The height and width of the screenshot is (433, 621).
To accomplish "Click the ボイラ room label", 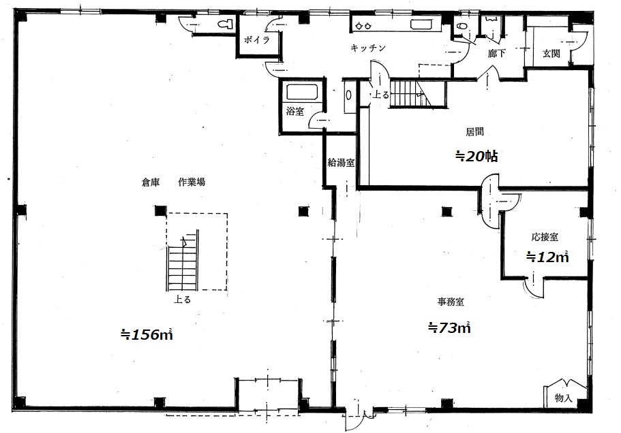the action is coord(256,39).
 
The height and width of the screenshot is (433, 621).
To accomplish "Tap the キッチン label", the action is coord(368,48).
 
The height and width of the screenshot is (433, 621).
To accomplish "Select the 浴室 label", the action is coord(295,112).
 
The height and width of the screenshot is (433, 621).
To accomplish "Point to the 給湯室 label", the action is coord(341,162).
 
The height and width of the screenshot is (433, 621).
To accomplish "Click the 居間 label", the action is coord(474,131).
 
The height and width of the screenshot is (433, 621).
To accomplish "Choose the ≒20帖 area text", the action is coord(476,157).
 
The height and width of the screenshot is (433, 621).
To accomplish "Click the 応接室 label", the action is coord(545,237).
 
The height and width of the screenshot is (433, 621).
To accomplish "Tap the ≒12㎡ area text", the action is coord(547,257).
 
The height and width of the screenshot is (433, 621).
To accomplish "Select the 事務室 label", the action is coord(451,302).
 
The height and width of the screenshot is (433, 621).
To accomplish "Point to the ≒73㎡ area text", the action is coord(449,327).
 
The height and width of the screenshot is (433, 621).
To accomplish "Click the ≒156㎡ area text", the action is coord(147,334).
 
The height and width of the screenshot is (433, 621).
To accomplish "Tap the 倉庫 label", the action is coord(151,182).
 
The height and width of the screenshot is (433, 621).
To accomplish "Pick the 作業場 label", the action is coord(192,182).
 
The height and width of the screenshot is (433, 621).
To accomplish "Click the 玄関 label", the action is coord(551,53).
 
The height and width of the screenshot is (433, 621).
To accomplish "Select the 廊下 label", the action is coord(497,53).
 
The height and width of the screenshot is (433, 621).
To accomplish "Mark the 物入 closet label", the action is coord(564,398).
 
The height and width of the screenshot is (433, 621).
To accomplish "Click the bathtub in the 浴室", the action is coord(302,92).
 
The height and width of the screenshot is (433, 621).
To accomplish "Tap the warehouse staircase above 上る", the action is coord(183,261).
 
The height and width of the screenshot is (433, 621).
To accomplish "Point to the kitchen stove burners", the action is coord(363,26).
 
